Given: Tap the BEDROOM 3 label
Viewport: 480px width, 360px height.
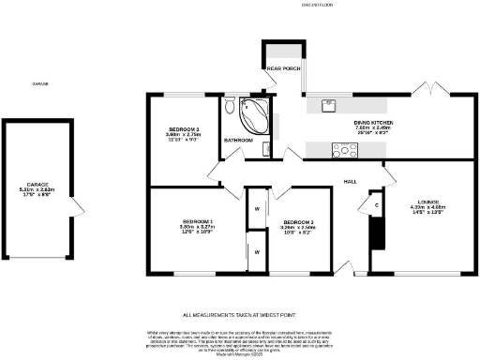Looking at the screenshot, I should coord(184,129).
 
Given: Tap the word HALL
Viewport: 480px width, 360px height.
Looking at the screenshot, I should coord(349,180).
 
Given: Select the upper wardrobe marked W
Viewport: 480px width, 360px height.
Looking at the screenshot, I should coord(254,208).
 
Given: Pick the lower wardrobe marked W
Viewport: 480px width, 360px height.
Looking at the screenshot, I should coord(254,250).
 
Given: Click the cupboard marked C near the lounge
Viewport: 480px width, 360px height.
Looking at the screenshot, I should coord(376,204).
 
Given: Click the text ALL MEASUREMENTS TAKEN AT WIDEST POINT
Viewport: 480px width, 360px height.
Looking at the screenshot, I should coord(239,315).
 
